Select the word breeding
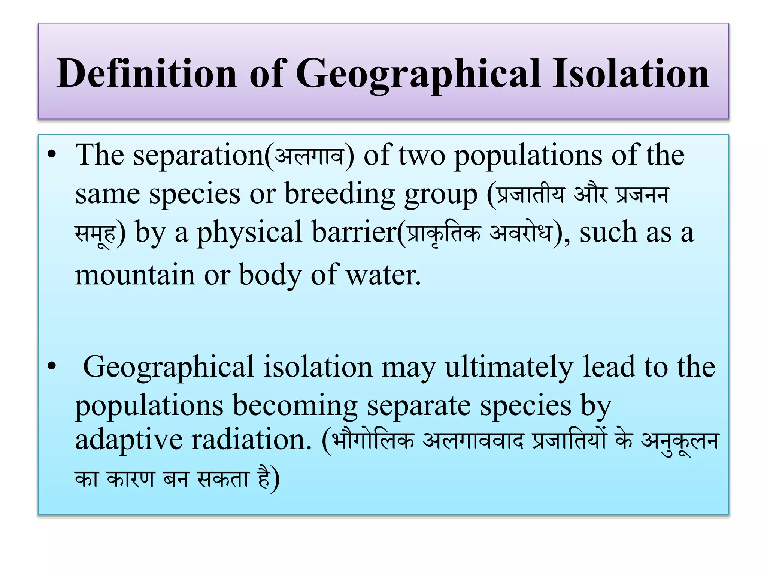tap(339, 194)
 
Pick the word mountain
tap(135, 274)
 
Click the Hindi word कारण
tap(130, 479)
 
